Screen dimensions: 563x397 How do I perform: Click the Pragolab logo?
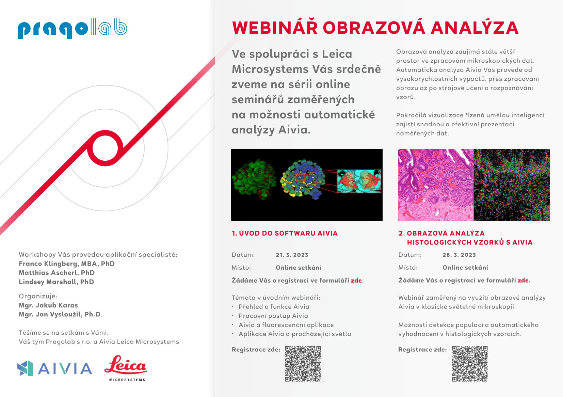pyautogui.click(x=73, y=28)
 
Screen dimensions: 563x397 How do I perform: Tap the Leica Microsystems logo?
pyautogui.click(x=126, y=368)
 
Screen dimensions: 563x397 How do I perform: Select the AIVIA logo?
pyautogui.click(x=54, y=368)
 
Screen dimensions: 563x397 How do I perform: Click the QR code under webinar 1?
pyautogui.click(x=303, y=364)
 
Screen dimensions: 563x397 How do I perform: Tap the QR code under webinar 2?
pyautogui.click(x=470, y=364)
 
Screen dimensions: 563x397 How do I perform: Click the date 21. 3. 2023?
pyautogui.click(x=292, y=255)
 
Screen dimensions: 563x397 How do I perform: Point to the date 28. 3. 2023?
pyautogui.click(x=459, y=255)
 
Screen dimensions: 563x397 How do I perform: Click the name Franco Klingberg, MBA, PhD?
pyautogui.click(x=67, y=264)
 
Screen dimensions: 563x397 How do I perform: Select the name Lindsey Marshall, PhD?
pyautogui.click(x=56, y=282)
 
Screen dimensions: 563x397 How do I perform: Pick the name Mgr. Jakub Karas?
pyautogui.click(x=48, y=305)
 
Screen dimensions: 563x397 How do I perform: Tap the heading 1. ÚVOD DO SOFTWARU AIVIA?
pyautogui.click(x=285, y=233)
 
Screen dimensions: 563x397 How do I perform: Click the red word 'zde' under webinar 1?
pyautogui.click(x=356, y=280)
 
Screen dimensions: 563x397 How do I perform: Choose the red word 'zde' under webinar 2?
pyautogui.click(x=523, y=280)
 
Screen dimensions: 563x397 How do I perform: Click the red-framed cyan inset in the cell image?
pyautogui.click(x=359, y=181)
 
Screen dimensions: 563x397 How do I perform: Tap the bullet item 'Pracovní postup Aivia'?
pyautogui.click(x=273, y=316)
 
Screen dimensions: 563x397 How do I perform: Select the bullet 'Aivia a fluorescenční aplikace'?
pyautogui.click(x=286, y=325)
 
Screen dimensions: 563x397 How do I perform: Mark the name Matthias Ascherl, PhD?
pyautogui.click(x=57, y=273)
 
